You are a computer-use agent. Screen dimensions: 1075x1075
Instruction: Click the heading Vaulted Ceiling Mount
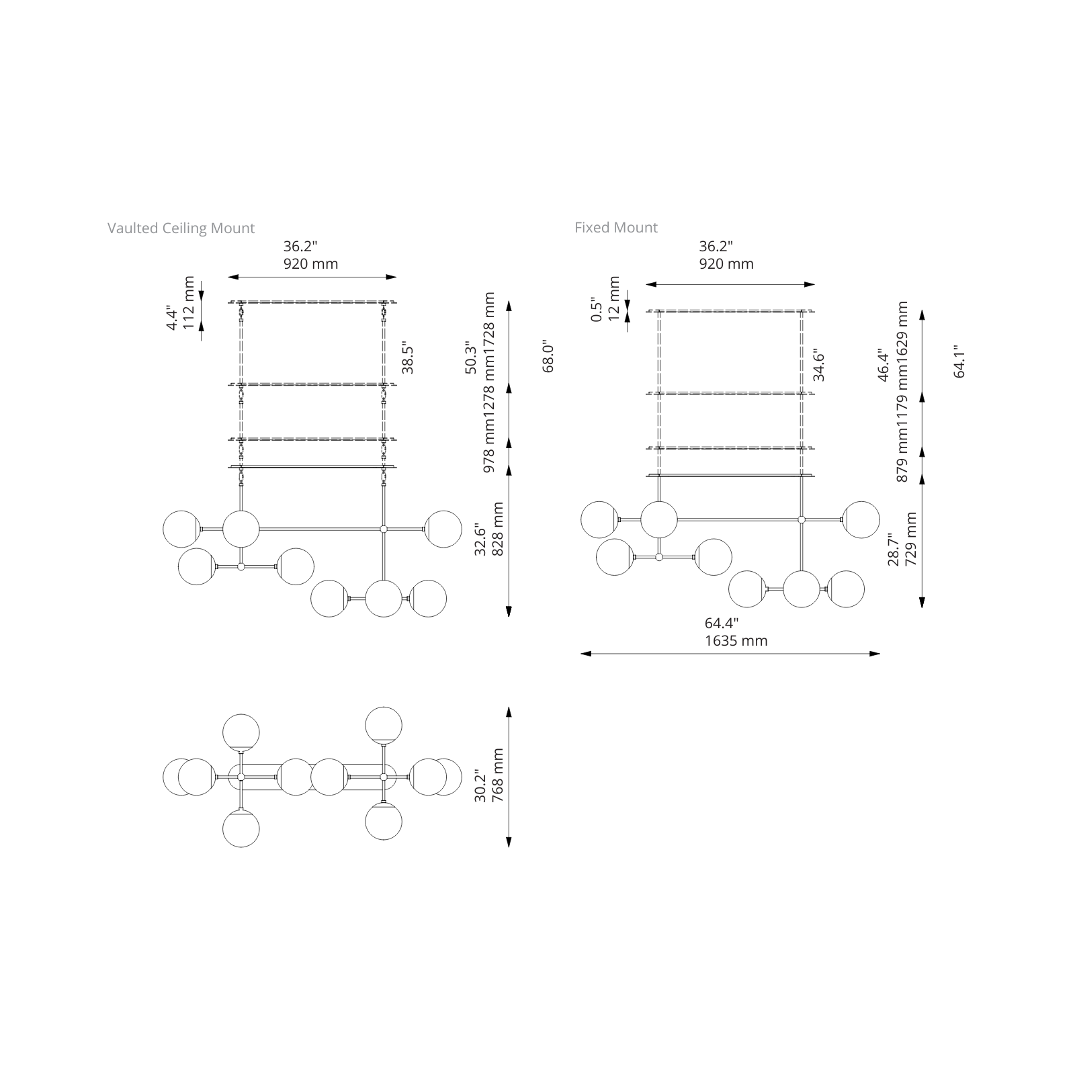click(181, 228)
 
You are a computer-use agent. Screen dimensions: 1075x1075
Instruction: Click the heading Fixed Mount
click(616, 228)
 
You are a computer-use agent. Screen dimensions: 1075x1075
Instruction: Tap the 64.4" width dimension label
click(722, 623)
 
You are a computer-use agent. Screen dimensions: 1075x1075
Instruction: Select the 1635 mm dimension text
click(736, 641)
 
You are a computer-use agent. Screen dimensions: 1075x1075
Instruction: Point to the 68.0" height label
click(548, 356)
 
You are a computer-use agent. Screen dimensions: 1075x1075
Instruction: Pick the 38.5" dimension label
click(407, 357)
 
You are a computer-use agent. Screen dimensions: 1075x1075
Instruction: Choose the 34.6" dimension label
click(818, 365)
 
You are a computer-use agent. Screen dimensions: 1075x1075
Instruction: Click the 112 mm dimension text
click(189, 303)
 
